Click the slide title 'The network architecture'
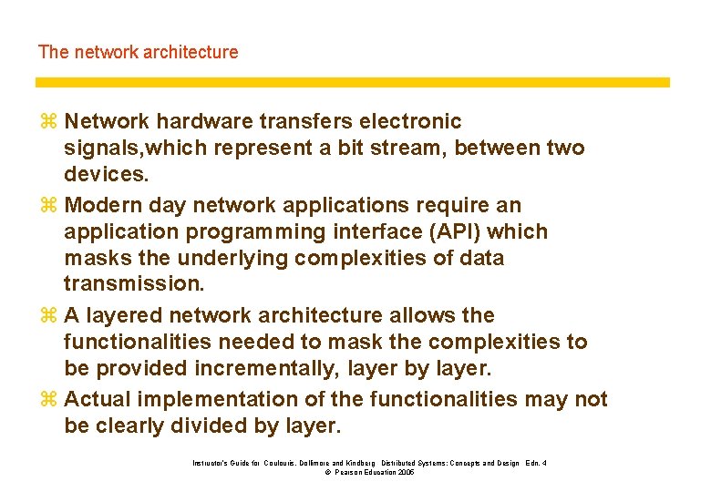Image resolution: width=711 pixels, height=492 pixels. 138,52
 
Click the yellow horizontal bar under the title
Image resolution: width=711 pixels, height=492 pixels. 352,82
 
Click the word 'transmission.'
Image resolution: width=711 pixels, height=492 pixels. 134,284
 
